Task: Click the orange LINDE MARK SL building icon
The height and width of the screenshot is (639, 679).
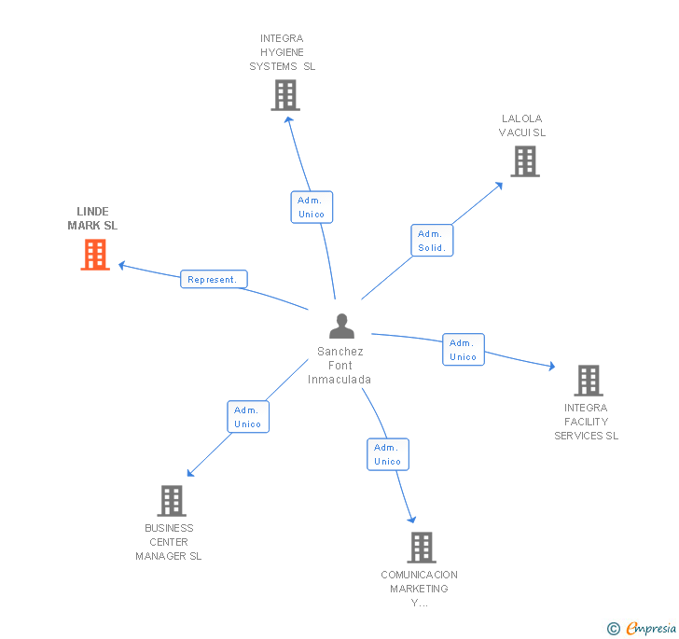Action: (95, 255)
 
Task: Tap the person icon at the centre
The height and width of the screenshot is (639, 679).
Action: (342, 326)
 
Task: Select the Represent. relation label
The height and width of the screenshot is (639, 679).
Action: (214, 279)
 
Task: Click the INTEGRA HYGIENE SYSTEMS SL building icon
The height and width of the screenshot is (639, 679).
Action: (285, 95)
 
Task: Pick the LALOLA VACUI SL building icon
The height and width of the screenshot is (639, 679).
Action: (525, 161)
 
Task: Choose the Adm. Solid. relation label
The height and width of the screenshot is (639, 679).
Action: (432, 241)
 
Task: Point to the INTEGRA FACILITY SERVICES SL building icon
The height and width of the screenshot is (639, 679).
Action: (588, 381)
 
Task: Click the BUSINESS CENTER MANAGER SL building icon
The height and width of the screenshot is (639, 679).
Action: (172, 501)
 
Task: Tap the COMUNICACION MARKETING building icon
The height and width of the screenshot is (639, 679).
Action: (422, 548)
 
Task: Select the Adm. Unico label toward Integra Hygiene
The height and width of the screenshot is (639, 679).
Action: (311, 207)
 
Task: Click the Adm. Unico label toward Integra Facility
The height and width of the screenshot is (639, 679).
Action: (463, 350)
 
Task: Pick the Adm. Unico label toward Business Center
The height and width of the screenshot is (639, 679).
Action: (247, 417)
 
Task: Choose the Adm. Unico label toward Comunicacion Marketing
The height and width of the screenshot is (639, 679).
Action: (387, 454)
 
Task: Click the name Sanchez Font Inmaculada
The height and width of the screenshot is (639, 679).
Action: (339, 366)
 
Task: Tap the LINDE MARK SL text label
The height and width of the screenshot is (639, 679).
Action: (92, 218)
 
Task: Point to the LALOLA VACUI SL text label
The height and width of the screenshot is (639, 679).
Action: (521, 125)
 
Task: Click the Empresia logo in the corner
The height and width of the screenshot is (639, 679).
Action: (651, 628)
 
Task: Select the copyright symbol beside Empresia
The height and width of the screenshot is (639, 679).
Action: (613, 629)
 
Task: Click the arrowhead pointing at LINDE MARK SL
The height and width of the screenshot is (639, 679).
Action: (122, 265)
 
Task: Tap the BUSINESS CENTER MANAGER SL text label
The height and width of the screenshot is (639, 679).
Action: (168, 542)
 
